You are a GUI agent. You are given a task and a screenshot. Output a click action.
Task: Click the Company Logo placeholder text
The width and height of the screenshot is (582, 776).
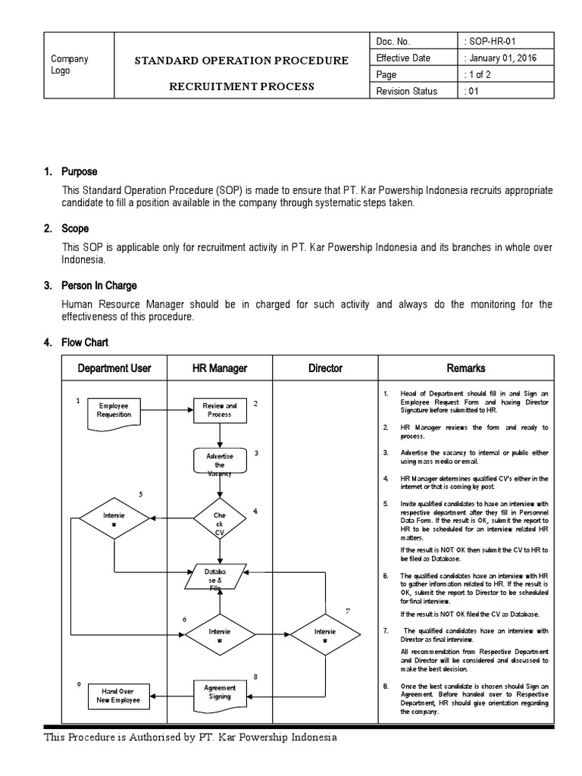[x=69, y=65]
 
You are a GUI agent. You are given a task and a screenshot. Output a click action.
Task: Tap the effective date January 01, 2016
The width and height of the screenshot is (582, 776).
[x=502, y=58]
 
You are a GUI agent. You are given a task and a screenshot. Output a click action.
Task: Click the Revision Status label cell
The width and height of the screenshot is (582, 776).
[x=407, y=91]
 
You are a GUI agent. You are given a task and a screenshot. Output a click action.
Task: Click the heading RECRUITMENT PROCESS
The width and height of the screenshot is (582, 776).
[x=241, y=86]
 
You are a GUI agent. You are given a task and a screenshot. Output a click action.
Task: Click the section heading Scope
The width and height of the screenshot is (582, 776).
[x=75, y=228]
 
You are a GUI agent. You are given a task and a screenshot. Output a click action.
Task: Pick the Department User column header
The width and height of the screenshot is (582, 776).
[x=114, y=368]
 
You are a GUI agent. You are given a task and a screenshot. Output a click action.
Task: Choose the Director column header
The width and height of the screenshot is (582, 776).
[x=325, y=368]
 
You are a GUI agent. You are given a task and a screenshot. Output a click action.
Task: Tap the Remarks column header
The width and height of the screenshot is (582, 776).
[x=466, y=368]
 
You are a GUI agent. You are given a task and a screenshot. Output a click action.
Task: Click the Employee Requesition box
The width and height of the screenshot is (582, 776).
[x=114, y=411]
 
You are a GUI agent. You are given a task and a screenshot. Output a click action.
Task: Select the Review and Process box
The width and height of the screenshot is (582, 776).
[x=220, y=410]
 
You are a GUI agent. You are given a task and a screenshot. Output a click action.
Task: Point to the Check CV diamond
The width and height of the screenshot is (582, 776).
[x=220, y=519]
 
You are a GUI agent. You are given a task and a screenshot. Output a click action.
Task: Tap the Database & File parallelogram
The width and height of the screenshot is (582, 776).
[x=220, y=577]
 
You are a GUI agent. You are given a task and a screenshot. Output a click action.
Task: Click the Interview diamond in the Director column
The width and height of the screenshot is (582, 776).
[x=325, y=634]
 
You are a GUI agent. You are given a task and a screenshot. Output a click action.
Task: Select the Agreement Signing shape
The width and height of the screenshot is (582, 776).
[x=220, y=692]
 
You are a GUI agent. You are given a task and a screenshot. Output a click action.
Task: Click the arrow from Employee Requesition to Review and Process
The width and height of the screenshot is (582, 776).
[x=167, y=410]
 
